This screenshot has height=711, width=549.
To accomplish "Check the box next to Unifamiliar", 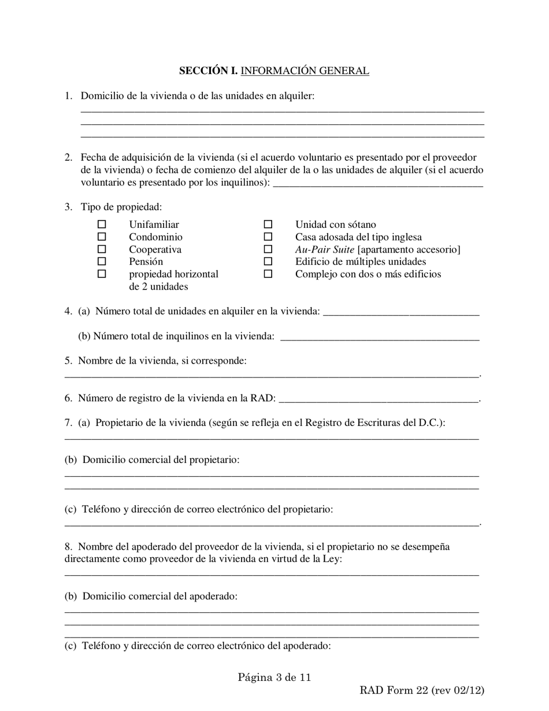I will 102,224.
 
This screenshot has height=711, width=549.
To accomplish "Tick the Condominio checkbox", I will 102,237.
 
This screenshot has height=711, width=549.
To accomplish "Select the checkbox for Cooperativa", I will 102,250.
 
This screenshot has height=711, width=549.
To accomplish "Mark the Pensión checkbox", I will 102,262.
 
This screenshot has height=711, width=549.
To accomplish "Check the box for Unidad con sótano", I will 268,224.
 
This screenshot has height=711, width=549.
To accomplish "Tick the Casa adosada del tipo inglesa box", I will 268,237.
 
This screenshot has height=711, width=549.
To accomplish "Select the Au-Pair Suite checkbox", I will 268,250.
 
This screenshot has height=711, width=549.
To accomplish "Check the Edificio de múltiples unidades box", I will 268,262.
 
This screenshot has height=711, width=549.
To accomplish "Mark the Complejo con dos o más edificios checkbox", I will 268,275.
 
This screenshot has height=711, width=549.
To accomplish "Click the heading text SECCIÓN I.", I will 208,71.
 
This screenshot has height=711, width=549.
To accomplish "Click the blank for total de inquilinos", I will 380,337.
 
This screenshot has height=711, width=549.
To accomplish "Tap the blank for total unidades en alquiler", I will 401,312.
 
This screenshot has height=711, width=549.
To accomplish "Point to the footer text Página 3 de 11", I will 274,677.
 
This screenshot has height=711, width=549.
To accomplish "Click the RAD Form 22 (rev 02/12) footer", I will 422,690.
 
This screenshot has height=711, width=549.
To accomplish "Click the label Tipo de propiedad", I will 121,207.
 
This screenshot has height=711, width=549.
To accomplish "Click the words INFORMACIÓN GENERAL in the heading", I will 305,71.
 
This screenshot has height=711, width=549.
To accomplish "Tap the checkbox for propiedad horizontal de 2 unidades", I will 102,275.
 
